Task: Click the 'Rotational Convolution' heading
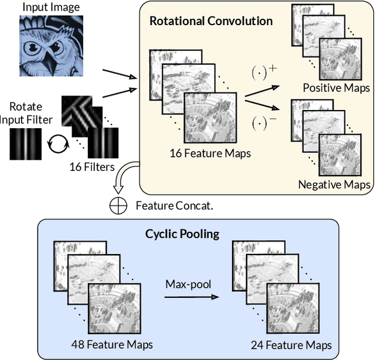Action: tap(211, 21)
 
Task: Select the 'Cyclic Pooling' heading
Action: tap(182, 234)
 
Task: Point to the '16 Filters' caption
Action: tap(91, 168)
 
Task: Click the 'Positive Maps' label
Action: tap(336, 88)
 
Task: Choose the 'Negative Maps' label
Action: tap(334, 184)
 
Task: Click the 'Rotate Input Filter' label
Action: tap(29, 112)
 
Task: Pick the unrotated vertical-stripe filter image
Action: tap(26, 142)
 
